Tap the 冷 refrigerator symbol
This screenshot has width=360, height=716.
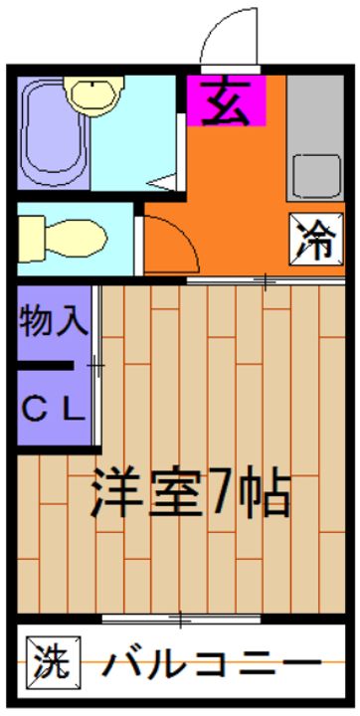[x=315, y=239]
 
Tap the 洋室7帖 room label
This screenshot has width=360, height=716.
[x=190, y=490]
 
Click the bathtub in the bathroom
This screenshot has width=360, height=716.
[x=46, y=133]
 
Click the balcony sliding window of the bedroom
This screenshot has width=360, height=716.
[x=179, y=622]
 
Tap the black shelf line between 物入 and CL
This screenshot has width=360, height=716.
[x=46, y=366]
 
